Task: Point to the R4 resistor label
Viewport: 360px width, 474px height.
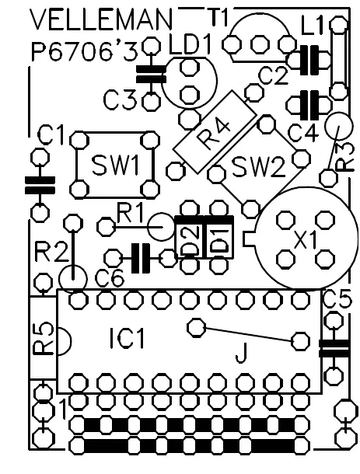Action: click(211, 131)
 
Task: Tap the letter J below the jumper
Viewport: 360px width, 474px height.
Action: click(242, 356)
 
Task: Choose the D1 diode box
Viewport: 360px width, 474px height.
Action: click(219, 238)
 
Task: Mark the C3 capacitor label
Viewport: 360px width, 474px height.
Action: click(121, 99)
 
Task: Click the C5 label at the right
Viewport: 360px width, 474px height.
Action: click(336, 297)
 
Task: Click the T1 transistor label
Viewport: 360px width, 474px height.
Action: click(217, 15)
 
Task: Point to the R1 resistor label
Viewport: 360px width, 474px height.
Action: click(130, 211)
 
